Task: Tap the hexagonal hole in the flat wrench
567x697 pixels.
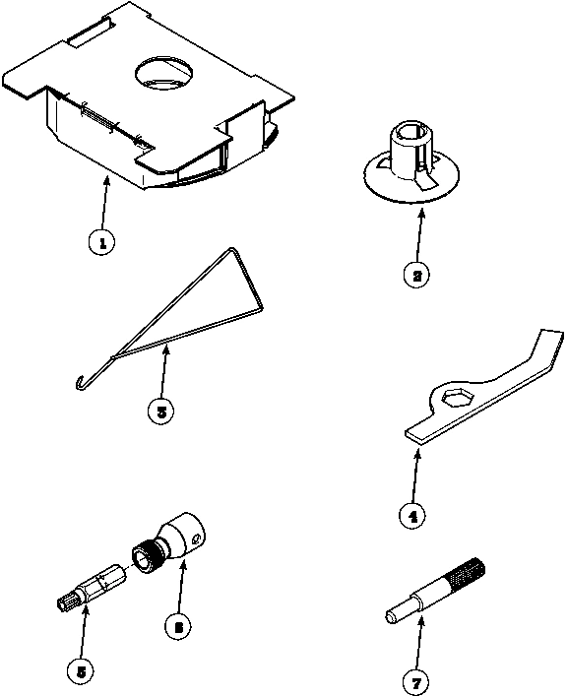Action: (456, 397)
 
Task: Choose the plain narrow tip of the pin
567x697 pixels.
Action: (390, 618)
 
